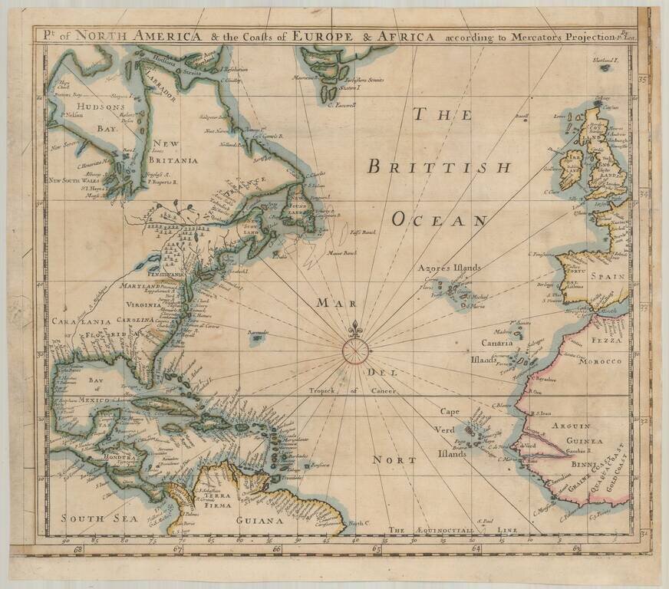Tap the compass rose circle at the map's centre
[x=354, y=350]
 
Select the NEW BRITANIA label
[x=175, y=152]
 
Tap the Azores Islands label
[x=449, y=268]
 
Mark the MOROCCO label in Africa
[x=605, y=360]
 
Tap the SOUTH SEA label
[x=89, y=518]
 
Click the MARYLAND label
[x=140, y=285]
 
